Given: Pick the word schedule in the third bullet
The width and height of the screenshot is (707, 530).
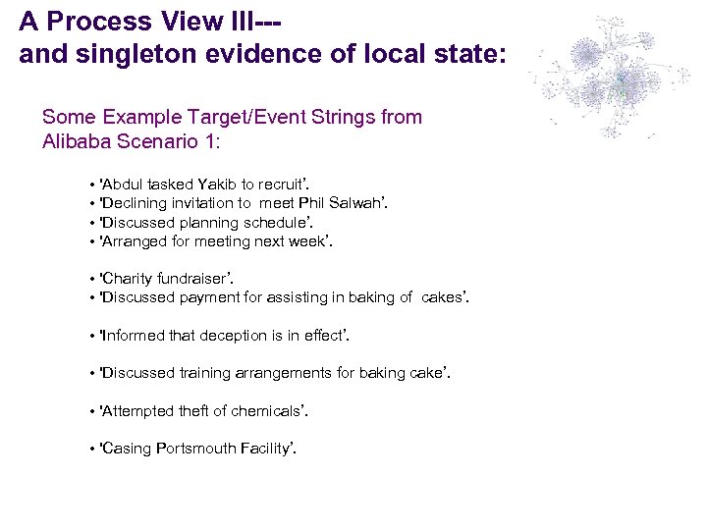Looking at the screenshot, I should tap(267, 223).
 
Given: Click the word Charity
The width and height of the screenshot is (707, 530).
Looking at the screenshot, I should tap(128, 279).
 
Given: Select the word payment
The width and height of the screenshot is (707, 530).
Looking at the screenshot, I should tap(212, 297).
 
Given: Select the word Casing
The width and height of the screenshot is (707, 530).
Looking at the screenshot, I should tap(127, 449).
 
